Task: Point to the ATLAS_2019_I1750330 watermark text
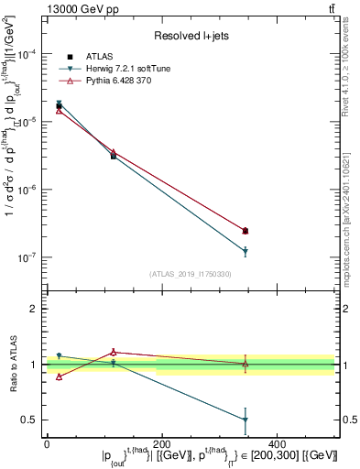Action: click(x=190, y=274)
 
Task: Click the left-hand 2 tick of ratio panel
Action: click(x=34, y=309)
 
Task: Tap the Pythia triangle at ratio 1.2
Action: click(x=114, y=352)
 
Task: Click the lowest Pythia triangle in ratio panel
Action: click(x=60, y=376)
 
